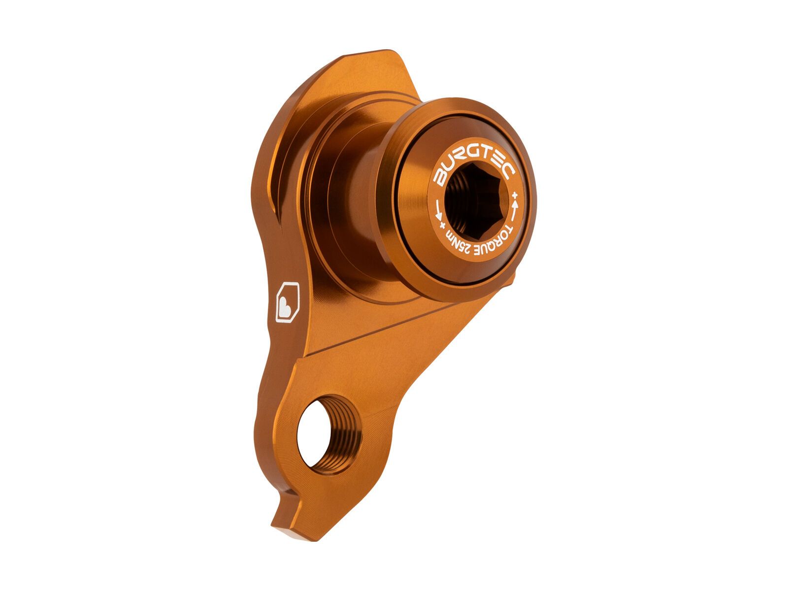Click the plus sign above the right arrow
[x=515, y=196]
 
